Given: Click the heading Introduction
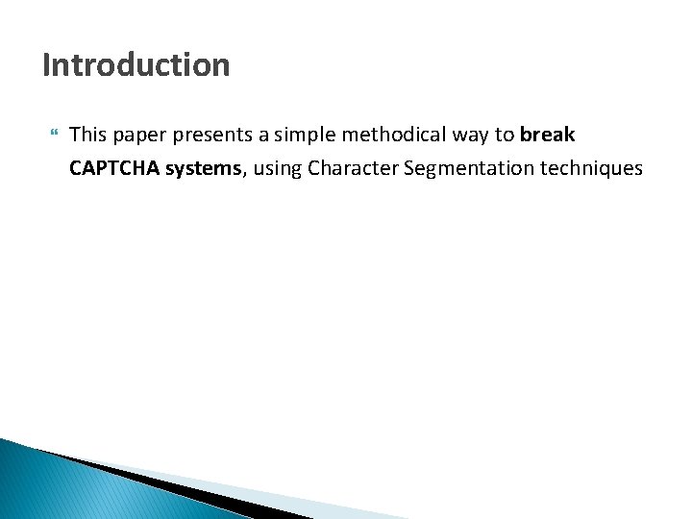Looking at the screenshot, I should click(136, 65).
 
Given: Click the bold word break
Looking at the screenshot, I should click(547, 135).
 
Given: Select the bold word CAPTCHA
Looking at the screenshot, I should click(114, 168).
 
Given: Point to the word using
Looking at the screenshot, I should click(278, 170).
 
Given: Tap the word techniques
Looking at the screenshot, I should click(591, 168).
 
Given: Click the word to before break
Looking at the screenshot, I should click(505, 136).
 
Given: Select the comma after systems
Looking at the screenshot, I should click(246, 175).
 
